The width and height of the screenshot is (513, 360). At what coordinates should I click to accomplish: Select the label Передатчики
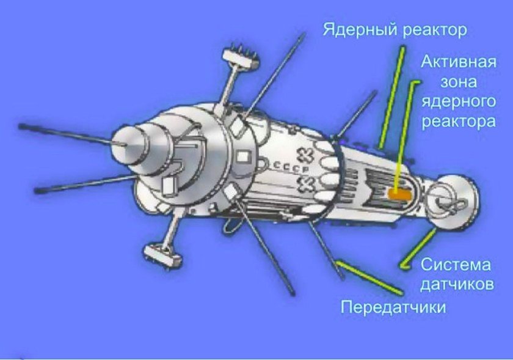click(393, 306)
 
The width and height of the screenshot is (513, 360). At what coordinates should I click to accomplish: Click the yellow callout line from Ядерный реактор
click(391, 98)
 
